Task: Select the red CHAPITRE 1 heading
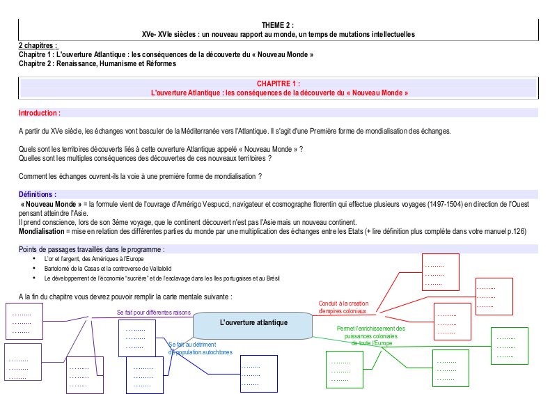[x=278, y=83]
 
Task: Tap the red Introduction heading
[x=40, y=113]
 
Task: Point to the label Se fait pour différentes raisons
[x=153, y=313]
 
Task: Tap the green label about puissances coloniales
[x=370, y=336]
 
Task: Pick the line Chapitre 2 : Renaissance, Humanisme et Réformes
[x=97, y=63]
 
